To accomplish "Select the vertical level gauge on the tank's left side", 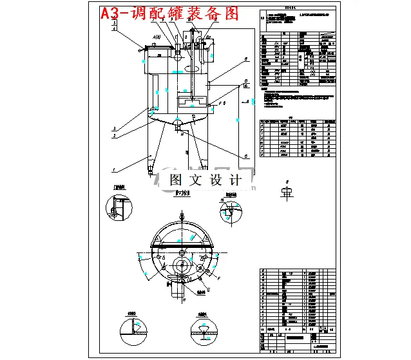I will (154, 90).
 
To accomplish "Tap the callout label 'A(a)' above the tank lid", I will (156, 38).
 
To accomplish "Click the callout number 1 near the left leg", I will (114, 169).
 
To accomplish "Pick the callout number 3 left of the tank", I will (114, 128).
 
